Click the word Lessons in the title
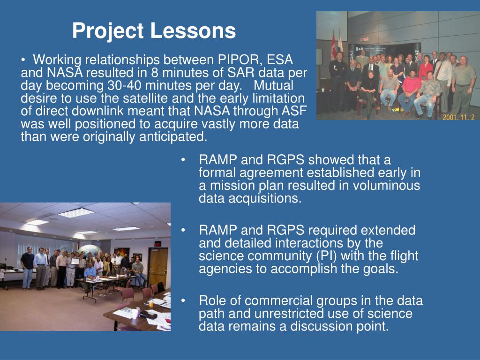(193, 30)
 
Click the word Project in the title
(108, 31)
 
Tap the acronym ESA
(280, 60)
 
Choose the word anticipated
(173, 137)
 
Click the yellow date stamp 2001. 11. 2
(458, 117)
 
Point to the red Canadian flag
(333, 46)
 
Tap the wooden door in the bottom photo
(157, 266)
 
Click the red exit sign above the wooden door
(157, 244)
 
